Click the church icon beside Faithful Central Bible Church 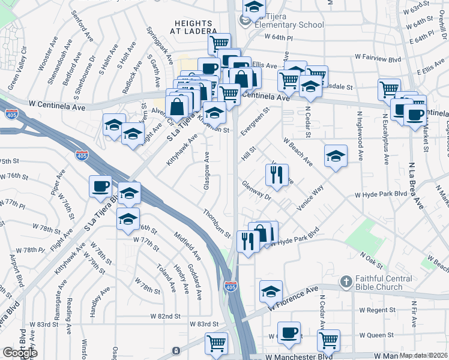(x=346, y=281)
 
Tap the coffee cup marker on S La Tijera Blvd (x=100, y=185)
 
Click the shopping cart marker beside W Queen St (x=328, y=340)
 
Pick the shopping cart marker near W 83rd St (x=216, y=343)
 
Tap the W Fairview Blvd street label (x=378, y=57)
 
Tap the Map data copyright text (x=424, y=355)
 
